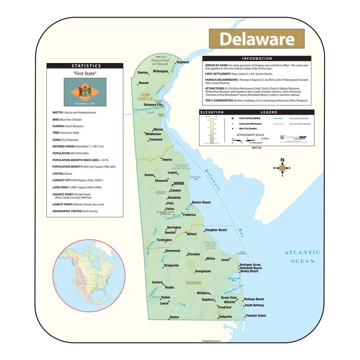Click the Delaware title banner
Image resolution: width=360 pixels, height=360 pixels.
(x=256, y=39)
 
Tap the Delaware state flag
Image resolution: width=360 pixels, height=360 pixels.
(x=85, y=89)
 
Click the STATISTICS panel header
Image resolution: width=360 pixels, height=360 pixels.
(x=85, y=66)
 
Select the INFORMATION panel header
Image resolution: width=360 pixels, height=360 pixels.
(x=257, y=58)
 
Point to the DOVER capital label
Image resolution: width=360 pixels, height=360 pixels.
(x=179, y=184)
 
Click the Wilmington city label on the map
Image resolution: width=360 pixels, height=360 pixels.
(x=161, y=71)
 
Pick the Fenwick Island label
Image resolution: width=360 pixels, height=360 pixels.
(x=256, y=315)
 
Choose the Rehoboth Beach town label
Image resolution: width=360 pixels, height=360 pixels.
(x=251, y=268)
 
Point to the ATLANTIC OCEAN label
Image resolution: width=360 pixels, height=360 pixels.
(x=302, y=256)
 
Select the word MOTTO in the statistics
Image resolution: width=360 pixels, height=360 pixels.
(x=57, y=112)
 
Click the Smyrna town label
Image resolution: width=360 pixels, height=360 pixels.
(x=167, y=160)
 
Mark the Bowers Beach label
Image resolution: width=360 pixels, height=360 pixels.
(x=201, y=202)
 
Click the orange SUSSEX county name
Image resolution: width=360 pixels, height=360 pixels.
(x=194, y=283)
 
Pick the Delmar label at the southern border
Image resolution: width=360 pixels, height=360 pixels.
(x=174, y=318)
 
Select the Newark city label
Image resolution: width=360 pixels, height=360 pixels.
(x=144, y=83)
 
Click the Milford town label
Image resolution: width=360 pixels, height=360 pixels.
(x=192, y=234)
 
